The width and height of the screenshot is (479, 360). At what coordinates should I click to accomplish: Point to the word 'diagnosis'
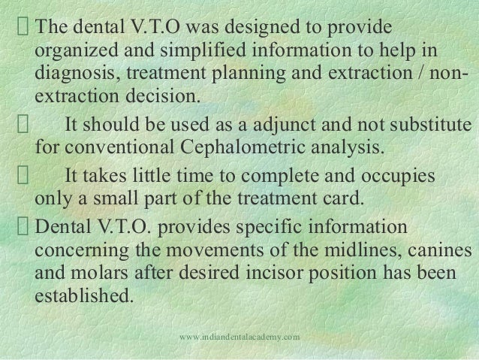tap(70, 78)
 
